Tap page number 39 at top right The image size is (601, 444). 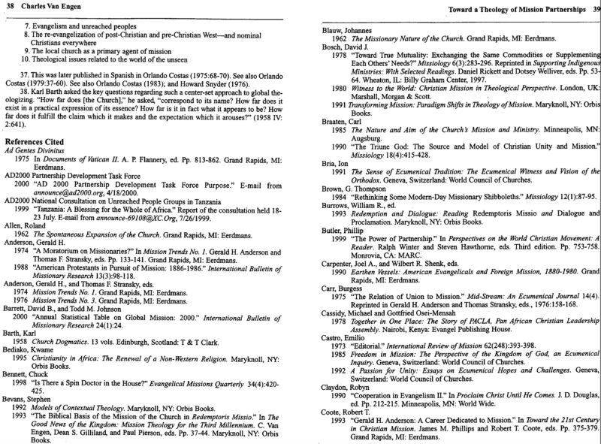point(593,9)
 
